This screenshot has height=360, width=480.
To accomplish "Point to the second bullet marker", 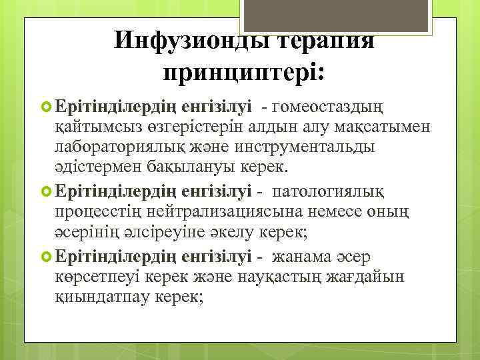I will click(x=47, y=192).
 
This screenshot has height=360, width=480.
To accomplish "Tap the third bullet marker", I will click(x=47, y=257).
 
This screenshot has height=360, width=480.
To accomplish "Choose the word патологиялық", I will click(x=335, y=192).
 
